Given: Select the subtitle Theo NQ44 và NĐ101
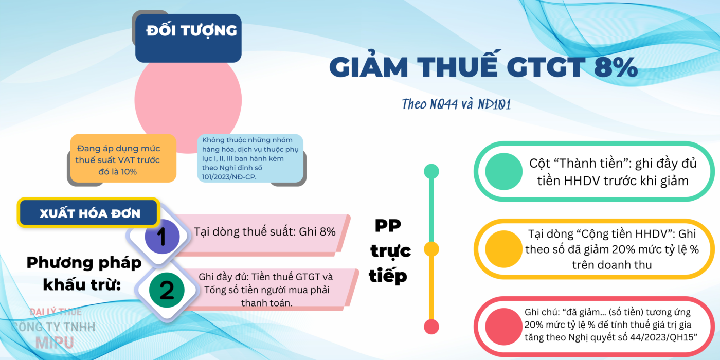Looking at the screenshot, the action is pyautogui.click(x=456, y=104).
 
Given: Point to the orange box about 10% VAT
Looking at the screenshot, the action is pyautogui.click(x=123, y=158).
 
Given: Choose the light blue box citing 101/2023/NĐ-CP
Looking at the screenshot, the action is pyautogui.click(x=250, y=158).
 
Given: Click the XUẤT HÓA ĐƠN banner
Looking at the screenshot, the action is pyautogui.click(x=88, y=213).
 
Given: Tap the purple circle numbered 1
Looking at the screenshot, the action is pyautogui.click(x=162, y=236).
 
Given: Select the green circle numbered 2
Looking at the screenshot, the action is pyautogui.click(x=167, y=290).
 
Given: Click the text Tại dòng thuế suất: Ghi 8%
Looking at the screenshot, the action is pyautogui.click(x=265, y=232).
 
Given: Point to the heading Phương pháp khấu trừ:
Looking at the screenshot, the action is pyautogui.click(x=83, y=274).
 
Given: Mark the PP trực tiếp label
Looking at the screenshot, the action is pyautogui.click(x=390, y=251).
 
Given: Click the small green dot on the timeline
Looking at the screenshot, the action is pyautogui.click(x=431, y=171).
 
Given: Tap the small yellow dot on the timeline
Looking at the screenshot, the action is pyautogui.click(x=431, y=249).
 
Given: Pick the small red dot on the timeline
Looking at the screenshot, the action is pyautogui.click(x=431, y=327).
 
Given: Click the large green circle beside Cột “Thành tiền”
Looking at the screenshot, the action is pyautogui.click(x=503, y=171).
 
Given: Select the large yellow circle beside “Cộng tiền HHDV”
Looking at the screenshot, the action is pyautogui.click(x=503, y=249).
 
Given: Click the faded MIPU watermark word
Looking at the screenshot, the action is pyautogui.click(x=55, y=343).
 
